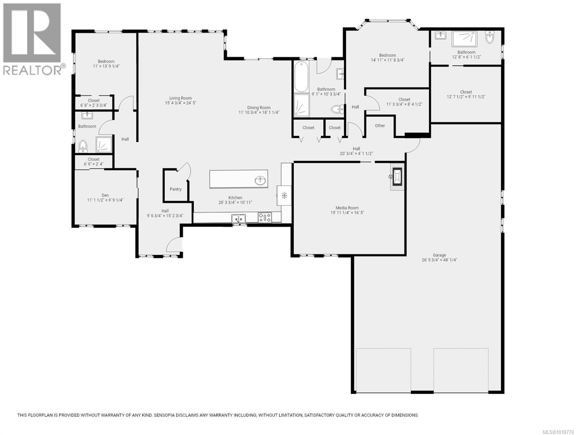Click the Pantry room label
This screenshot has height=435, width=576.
pyautogui.click(x=176, y=189)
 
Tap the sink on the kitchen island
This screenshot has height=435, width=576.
pyautogui.click(x=260, y=180)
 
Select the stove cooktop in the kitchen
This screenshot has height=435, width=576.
pyautogui.click(x=265, y=218)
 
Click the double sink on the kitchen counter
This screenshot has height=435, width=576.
pyautogui.click(x=239, y=219)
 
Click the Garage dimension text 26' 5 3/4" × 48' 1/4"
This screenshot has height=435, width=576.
pyautogui.click(x=439, y=260)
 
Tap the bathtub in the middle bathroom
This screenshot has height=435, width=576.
pyautogui.click(x=301, y=77)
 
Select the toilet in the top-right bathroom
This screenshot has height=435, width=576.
pyautogui.click(x=489, y=37)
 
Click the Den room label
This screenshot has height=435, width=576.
pyautogui.click(x=105, y=195)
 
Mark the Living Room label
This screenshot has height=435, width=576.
pyautogui.click(x=180, y=98)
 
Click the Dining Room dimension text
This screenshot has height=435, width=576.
pyautogui.click(x=259, y=113)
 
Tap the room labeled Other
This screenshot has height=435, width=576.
pyautogui.click(x=380, y=126)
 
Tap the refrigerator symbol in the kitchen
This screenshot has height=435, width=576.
pyautogui.click(x=284, y=196)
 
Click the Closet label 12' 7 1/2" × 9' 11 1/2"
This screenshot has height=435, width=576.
pyautogui.click(x=466, y=97)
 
